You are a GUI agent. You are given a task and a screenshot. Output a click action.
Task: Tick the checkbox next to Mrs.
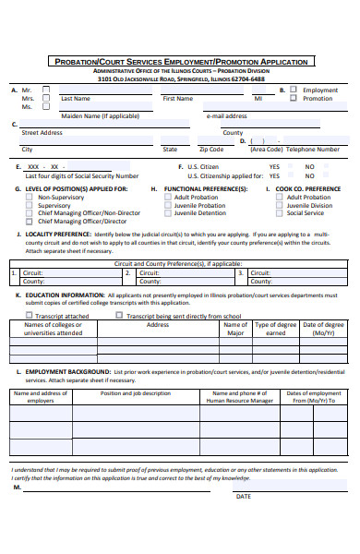tap(46, 98)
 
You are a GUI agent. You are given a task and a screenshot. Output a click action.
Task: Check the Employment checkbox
tap(293, 90)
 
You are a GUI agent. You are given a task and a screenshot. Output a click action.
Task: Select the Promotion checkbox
tap(293, 98)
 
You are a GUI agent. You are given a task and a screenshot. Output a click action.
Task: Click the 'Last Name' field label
tap(75, 98)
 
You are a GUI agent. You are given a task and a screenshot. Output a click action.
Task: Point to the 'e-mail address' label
tap(226, 116)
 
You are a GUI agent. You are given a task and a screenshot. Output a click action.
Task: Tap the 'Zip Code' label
tap(210, 149)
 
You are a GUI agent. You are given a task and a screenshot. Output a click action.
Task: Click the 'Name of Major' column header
tap(235, 329)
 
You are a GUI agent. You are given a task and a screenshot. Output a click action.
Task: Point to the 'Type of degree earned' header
tap(275, 329)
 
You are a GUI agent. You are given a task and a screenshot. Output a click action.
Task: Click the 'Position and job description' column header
tap(135, 392)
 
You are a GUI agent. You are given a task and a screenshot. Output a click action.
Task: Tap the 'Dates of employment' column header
tap(313, 396)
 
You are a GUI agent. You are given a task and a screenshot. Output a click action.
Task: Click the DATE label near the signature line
tap(243, 496)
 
